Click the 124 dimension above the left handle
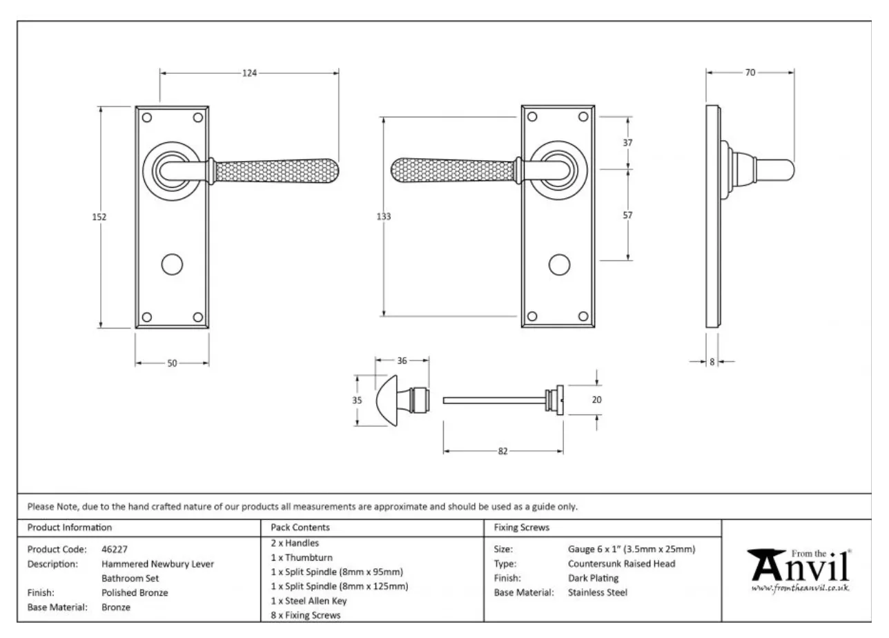[249, 72]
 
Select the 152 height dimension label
[99, 217]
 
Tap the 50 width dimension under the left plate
[172, 363]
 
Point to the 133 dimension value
[384, 217]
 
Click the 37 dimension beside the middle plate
[627, 143]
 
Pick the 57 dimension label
[627, 215]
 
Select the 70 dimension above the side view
[750, 72]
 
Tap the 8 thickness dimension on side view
[712, 361]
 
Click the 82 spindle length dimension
[502, 451]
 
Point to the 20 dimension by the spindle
[597, 399]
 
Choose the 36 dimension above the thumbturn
[402, 360]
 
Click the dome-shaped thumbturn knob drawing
[390, 400]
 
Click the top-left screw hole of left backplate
[146, 117]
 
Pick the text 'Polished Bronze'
[135, 592]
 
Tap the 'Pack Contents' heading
[300, 528]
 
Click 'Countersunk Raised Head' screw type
[621, 563]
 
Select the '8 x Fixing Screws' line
[306, 615]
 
